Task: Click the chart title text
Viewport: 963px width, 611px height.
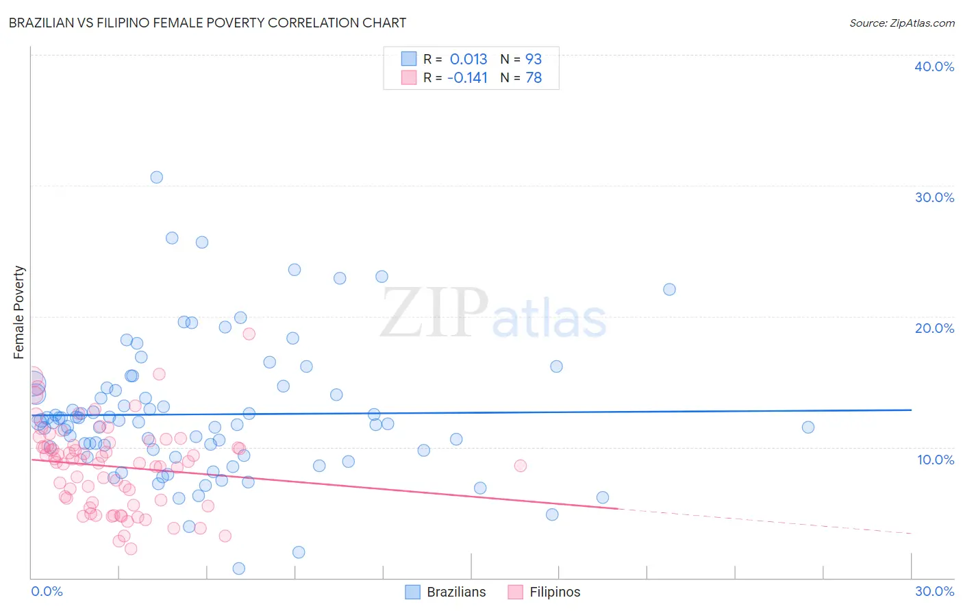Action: click(208, 23)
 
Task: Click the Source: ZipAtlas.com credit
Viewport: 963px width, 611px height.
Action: click(901, 23)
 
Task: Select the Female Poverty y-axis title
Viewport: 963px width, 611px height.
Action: click(19, 312)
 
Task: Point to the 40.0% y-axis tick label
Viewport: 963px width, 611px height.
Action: click(934, 66)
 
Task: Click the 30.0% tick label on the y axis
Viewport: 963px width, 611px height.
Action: click(934, 197)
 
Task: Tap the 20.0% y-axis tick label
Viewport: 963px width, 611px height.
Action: click(934, 328)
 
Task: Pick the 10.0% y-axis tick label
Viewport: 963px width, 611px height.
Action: click(935, 460)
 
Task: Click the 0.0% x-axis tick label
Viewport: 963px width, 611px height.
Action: click(47, 591)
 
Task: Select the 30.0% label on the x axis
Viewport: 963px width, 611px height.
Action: click(934, 591)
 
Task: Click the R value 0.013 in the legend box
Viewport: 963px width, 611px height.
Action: click(468, 59)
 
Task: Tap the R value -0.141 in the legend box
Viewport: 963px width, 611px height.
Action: click(467, 77)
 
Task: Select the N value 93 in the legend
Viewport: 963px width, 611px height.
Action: click(534, 59)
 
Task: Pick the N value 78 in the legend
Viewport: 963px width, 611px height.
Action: click(534, 77)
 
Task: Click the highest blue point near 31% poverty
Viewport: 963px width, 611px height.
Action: click(157, 177)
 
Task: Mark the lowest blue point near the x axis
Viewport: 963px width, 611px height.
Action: click(239, 569)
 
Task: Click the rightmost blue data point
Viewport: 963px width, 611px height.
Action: click(808, 427)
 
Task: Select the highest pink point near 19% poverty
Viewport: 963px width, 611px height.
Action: click(249, 334)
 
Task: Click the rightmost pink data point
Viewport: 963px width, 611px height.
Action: click(521, 466)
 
